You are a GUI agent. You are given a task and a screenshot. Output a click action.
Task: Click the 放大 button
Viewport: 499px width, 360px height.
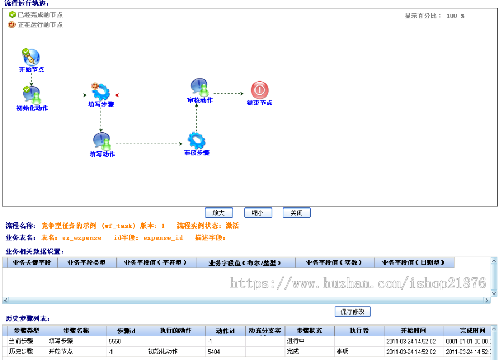pos(218,212)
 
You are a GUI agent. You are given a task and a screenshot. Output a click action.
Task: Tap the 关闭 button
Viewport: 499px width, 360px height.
pos(297,212)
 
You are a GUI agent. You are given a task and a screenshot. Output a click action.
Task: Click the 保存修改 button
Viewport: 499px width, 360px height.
pos(353,312)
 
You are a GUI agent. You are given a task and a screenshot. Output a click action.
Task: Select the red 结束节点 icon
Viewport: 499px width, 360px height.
pos(259,90)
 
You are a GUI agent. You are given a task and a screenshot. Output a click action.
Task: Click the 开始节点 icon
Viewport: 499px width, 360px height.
pos(31,57)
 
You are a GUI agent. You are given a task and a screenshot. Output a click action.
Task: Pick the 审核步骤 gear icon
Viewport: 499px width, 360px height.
pos(196,140)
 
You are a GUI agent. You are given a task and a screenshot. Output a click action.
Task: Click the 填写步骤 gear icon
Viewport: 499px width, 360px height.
pos(101,92)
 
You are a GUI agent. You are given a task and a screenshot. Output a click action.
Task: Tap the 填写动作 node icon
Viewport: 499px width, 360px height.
pos(101,141)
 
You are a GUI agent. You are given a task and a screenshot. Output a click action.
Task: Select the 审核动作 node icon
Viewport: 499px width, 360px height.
pos(200,88)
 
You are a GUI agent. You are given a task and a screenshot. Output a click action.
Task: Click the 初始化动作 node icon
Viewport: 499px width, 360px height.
pos(32,94)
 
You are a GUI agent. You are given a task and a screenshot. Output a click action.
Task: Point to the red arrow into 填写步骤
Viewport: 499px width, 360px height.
pos(119,95)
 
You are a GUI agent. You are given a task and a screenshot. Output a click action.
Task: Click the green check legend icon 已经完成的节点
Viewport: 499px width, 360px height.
pos(12,15)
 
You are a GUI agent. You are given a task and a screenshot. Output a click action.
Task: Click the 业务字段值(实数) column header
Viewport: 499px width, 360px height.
pos(334,262)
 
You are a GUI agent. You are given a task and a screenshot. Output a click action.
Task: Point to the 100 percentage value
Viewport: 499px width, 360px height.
pos(452,16)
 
